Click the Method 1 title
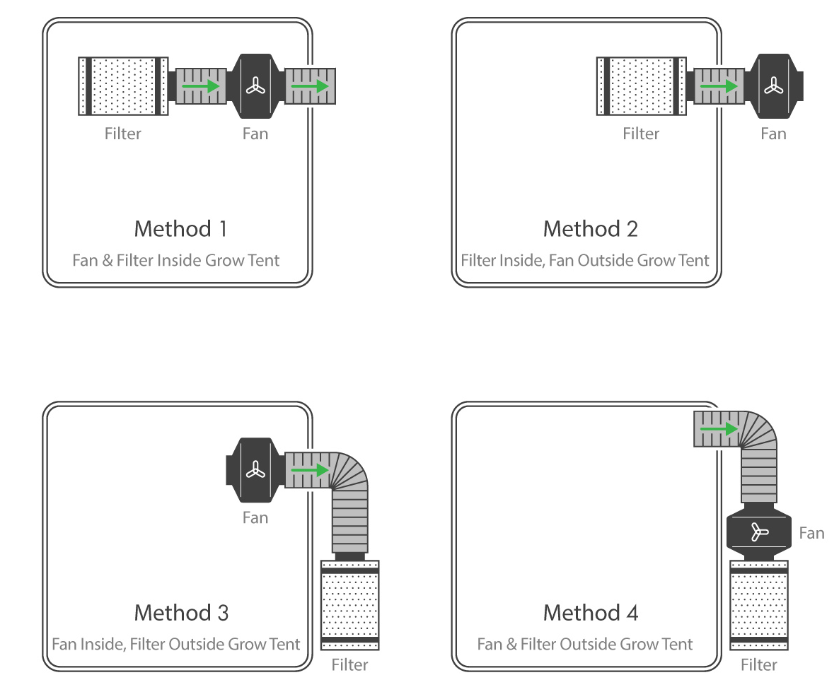coord(181,229)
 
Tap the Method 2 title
coord(590,229)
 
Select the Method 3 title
coord(181,612)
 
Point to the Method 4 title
coord(590,612)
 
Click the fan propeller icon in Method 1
coord(255,86)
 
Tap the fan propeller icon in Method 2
coord(773,86)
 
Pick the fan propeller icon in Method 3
coord(255,469)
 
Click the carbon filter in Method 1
coord(123,86)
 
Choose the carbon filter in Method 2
coord(641,86)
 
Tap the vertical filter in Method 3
coord(350,604)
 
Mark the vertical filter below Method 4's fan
coord(759,604)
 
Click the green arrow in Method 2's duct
coord(719,86)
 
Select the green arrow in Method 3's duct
coord(310,469)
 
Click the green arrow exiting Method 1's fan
coord(310,86)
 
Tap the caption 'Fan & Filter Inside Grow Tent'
coord(176,260)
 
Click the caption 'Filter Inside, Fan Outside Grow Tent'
coord(585,260)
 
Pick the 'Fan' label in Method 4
coord(811,533)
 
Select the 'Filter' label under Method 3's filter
coord(349,665)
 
